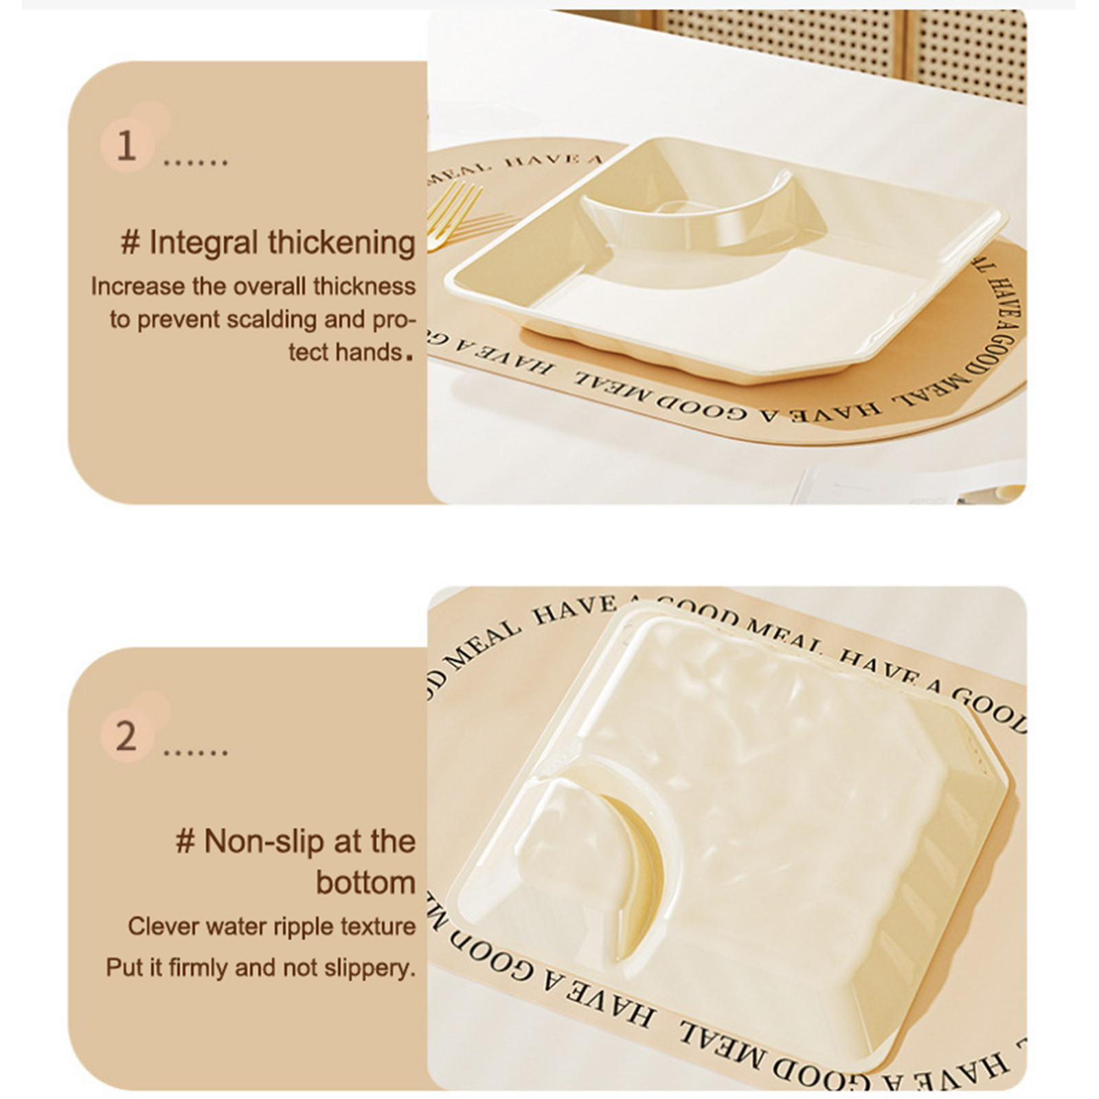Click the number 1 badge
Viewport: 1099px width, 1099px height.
[126, 146]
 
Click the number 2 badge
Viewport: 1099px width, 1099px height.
[126, 736]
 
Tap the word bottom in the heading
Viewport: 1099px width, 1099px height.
[366, 883]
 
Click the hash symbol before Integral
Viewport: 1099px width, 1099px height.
[130, 243]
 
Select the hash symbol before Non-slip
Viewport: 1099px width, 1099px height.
[185, 841]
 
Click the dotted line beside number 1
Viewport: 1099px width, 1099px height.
[195, 163]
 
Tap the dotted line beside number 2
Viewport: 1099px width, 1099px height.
[195, 753]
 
